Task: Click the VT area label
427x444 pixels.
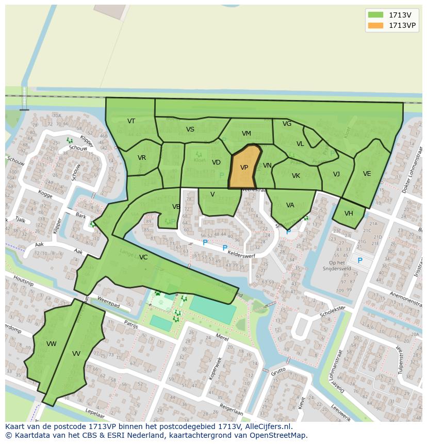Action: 132,121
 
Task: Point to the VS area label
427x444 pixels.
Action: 190,129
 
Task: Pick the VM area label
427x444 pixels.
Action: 247,134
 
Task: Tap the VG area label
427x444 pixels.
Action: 287,124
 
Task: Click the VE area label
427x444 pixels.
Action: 367,174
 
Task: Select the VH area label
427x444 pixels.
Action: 349,213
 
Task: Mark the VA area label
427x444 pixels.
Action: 290,205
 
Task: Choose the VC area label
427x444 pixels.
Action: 143,257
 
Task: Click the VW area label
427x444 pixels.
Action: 52,344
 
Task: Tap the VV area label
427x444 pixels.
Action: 76,354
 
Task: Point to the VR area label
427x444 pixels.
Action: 142,158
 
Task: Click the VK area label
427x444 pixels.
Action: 296,176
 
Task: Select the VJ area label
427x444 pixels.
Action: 337,174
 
